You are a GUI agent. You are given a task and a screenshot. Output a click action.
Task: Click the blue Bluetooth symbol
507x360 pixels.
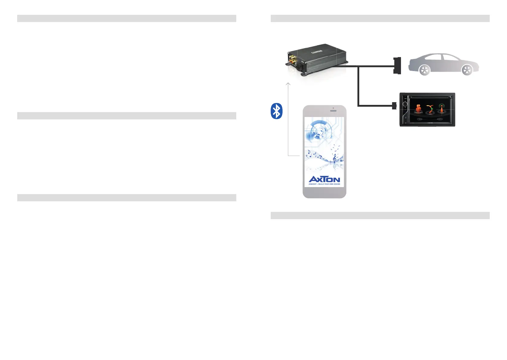276,111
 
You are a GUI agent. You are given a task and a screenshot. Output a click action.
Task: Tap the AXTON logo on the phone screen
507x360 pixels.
324,179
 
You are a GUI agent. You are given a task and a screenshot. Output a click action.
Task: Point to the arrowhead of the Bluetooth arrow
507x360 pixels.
288,84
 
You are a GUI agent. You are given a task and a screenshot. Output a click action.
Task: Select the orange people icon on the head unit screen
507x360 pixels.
418,109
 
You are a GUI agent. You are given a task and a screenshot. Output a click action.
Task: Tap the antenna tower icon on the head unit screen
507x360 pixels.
442,108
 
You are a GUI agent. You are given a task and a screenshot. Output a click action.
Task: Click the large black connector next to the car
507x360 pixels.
397,66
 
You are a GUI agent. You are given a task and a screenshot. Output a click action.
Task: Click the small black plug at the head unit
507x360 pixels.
394,106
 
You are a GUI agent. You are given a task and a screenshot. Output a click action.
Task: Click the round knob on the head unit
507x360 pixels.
405,105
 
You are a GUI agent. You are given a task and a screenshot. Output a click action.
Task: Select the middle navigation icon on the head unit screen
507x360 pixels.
430,109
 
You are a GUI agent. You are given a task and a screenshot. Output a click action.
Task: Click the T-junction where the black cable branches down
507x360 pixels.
358,66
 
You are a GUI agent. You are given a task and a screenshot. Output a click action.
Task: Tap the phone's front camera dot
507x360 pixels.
333,108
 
